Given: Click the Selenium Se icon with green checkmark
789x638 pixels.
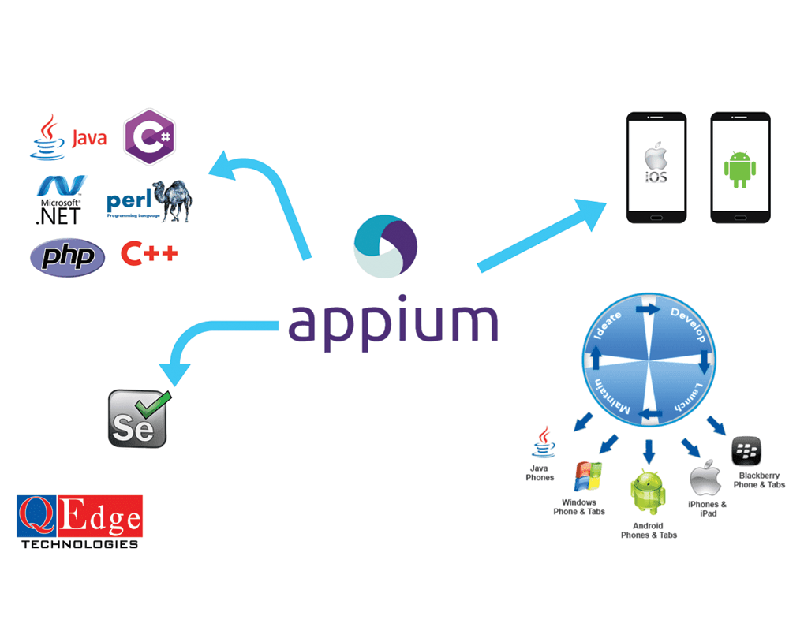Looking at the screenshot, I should click(x=138, y=417).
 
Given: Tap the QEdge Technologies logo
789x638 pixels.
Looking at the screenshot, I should click(x=80, y=521).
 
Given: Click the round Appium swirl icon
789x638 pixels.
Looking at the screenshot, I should click(x=387, y=245).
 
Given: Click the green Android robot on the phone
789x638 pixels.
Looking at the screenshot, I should click(x=739, y=169).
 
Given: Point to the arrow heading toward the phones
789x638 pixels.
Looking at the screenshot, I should click(x=544, y=233).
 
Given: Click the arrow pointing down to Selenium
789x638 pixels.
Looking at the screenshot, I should click(x=205, y=339).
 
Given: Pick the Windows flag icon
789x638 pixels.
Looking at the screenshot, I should click(x=589, y=476).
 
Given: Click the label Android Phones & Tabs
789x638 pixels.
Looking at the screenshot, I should click(x=649, y=530).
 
